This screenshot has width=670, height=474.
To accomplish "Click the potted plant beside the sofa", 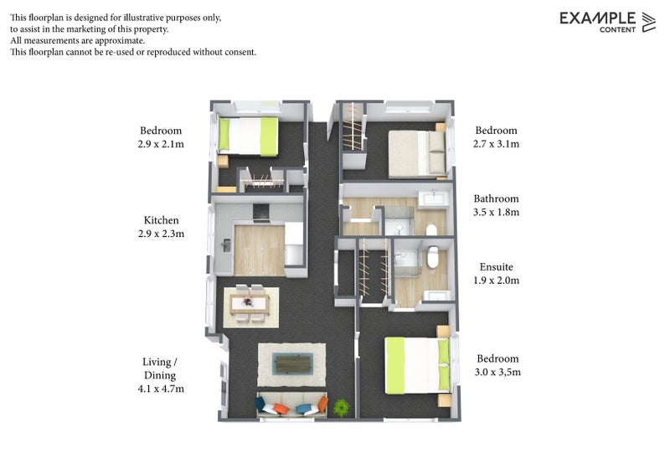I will [x=341, y=408].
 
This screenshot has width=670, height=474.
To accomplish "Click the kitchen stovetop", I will [x=260, y=211].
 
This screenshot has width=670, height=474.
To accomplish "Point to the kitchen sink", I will [x=226, y=245].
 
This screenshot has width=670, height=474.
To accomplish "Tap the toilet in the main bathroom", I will [x=431, y=229].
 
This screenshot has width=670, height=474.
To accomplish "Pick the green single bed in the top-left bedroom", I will [x=248, y=136].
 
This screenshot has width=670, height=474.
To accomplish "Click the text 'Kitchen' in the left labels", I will [x=161, y=220].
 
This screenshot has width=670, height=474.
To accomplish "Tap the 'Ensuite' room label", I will [x=496, y=267].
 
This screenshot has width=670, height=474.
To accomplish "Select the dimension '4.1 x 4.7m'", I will [x=161, y=389].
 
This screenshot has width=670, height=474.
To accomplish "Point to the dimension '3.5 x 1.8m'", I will [x=496, y=213].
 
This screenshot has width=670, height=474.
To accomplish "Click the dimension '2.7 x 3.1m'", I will [x=496, y=144].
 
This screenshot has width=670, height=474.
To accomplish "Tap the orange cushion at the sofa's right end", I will [x=322, y=407].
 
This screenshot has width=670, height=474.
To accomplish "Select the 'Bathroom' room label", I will [x=496, y=199].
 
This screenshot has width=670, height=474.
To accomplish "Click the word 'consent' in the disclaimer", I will [x=237, y=52].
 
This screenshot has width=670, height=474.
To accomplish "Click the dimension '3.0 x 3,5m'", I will [x=497, y=372].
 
